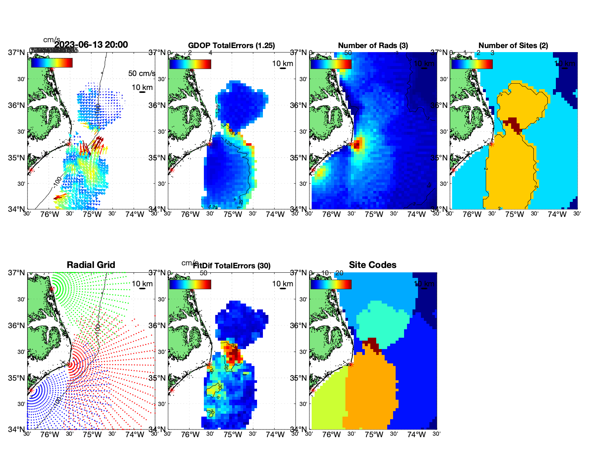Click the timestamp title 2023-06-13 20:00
coord(91,45)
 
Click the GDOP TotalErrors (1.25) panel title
coord(231,46)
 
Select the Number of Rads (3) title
coord(373,46)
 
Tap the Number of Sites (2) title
coord(513,46)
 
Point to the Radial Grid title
coord(91,265)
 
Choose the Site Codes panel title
coord(373,265)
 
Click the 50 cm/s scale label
coord(142,73)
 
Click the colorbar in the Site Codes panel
coord(331,284)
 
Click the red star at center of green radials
coord(52,289)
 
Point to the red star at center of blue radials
coord(31,390)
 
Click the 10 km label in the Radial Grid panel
coord(142,284)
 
